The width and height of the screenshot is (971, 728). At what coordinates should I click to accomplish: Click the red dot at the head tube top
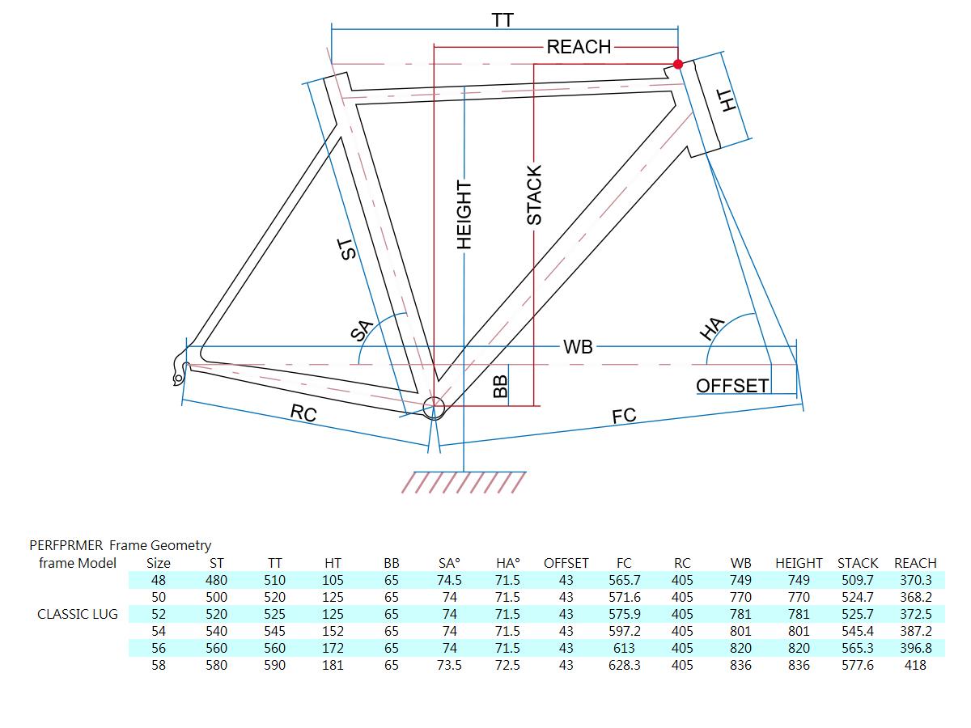[x=678, y=64]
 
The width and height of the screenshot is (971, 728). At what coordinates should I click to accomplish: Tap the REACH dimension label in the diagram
[x=579, y=47]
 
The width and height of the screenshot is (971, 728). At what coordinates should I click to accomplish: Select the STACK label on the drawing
[x=534, y=195]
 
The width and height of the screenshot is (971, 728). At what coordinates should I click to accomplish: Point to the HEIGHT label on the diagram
[x=464, y=214]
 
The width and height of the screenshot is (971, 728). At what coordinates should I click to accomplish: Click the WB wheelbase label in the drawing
[x=578, y=347]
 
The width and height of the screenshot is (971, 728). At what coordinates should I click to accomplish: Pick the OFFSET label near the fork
[x=732, y=386]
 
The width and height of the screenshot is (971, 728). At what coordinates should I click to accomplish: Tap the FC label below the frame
[x=624, y=416]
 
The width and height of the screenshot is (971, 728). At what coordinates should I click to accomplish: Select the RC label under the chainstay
[x=303, y=413]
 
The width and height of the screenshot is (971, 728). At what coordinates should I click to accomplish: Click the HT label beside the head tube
[x=728, y=100]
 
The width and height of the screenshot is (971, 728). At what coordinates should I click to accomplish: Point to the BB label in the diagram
[x=500, y=386]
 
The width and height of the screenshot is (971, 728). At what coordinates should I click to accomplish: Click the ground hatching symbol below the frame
[x=464, y=482]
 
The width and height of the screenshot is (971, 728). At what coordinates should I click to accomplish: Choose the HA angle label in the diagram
[x=711, y=328]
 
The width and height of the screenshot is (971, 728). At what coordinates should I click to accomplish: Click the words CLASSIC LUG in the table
[x=78, y=614]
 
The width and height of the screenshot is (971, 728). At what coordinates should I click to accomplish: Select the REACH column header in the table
[x=915, y=563]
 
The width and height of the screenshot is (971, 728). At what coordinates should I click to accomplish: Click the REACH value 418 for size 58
[x=915, y=665]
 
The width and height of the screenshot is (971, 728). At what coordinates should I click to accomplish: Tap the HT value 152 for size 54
[x=333, y=631]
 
